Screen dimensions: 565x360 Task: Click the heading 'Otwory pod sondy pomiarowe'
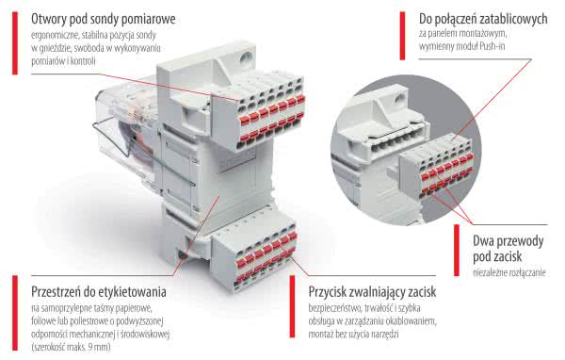coord(104,19)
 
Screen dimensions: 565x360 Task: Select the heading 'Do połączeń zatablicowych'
coord(483,19)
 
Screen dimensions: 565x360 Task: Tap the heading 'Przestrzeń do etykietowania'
coord(99,291)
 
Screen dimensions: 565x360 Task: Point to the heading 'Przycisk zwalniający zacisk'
coord(372,291)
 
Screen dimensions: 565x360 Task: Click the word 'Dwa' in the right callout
coord(483,240)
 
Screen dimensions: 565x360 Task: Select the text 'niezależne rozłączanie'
coord(509,272)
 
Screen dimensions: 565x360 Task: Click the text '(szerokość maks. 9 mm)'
coord(71,347)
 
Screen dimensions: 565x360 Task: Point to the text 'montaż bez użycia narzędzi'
coord(353,334)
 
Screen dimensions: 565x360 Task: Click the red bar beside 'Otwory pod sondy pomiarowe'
coord(15,43)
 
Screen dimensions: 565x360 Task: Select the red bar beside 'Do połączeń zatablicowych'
coord(402,36)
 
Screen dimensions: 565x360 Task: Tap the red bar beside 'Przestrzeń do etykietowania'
coord(15,313)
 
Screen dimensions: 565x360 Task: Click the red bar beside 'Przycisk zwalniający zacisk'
coord(292,306)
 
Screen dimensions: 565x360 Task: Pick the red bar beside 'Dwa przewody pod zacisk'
coord(457,251)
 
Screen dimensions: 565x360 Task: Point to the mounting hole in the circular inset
coord(399,97)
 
